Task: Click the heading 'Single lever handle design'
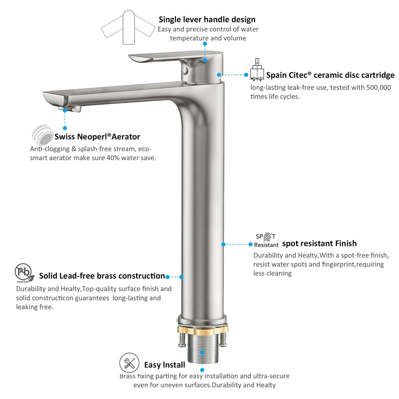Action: tap(207, 19)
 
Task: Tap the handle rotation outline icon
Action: tap(129, 27)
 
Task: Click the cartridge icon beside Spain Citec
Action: tap(256, 71)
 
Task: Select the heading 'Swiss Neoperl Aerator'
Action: tap(97, 137)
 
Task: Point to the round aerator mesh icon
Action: tap(42, 136)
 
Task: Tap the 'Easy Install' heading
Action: tap(164, 365)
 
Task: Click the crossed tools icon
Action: tap(129, 363)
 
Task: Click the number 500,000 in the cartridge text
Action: tap(379, 88)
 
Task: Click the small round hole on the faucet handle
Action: tap(185, 71)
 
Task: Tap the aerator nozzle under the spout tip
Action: tap(71, 108)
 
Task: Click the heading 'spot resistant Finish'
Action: tap(319, 244)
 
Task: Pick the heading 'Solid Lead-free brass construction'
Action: tap(102, 276)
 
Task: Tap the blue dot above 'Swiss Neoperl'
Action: tap(65, 128)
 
